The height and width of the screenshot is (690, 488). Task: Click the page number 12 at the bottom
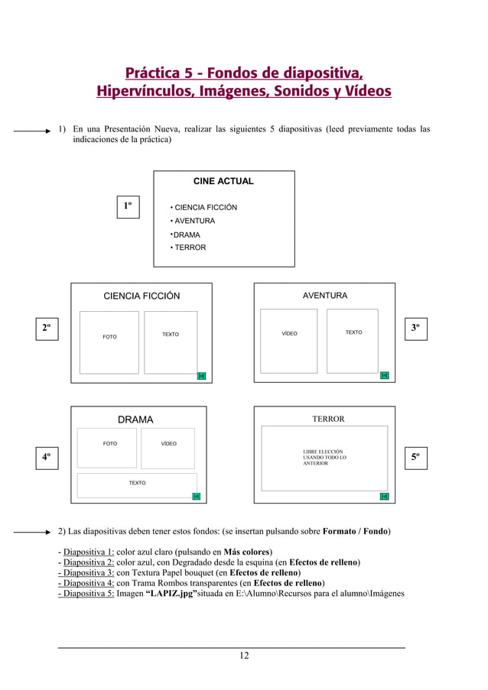[244, 656]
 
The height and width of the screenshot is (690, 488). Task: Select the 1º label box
[129, 206]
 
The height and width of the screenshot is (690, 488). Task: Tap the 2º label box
[47, 329]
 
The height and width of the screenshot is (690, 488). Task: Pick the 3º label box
[415, 329]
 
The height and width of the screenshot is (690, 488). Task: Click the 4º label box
[47, 457]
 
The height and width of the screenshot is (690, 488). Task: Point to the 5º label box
[415, 457]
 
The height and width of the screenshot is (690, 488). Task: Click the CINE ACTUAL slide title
[223, 181]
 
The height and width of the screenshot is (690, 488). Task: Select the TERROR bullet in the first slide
[188, 248]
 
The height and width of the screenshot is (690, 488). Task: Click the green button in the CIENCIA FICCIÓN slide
[201, 375]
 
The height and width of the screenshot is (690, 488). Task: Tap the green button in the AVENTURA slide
[384, 375]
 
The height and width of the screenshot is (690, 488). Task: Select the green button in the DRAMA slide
[196, 497]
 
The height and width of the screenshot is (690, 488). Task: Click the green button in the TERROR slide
[384, 497]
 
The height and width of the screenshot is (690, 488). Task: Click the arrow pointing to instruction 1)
[35, 131]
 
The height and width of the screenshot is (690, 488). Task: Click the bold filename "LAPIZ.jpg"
[171, 593]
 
